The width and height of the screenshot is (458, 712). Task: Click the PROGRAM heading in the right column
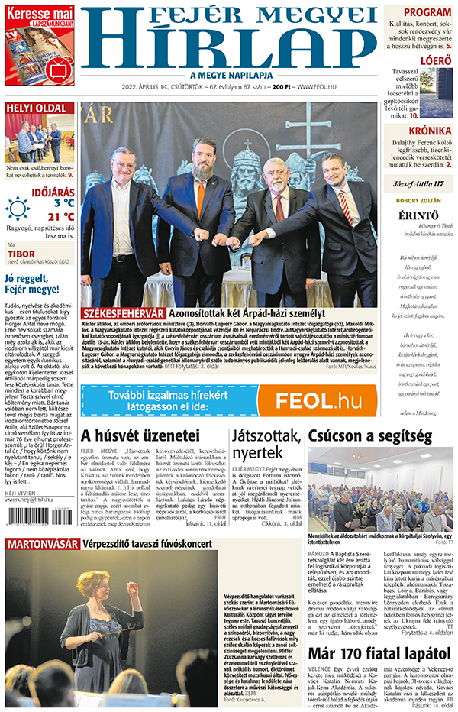click(427, 12)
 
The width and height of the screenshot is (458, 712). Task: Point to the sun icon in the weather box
click(18, 208)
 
